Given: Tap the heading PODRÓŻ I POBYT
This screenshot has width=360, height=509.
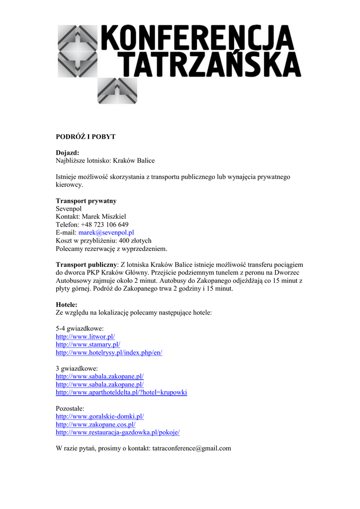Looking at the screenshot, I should click(85, 136).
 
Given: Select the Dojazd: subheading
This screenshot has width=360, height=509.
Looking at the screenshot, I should click(67, 153).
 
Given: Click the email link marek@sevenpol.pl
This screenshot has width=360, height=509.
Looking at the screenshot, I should click(106, 232).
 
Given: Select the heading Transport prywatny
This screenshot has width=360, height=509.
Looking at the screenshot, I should click(86, 201).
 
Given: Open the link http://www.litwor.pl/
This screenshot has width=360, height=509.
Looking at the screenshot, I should click(85, 337).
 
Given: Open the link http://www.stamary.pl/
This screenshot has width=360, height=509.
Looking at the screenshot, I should click(88, 344).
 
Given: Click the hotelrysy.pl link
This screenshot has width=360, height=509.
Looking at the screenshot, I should click(109, 352).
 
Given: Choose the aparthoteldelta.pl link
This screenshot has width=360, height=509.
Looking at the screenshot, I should click(121, 392).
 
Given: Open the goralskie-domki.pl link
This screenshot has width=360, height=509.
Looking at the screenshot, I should click(103, 416).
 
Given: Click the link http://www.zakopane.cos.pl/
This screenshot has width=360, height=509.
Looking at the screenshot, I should click(95, 424).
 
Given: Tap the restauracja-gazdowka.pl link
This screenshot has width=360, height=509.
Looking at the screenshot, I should click(117, 432).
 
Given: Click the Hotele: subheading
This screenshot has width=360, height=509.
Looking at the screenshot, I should click(67, 304).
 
